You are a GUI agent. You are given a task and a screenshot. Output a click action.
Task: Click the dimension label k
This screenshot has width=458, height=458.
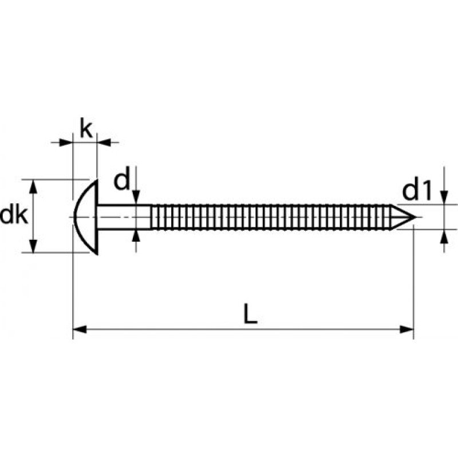tap(85, 129)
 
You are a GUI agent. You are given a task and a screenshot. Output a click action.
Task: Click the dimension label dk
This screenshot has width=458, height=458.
tap(13, 216)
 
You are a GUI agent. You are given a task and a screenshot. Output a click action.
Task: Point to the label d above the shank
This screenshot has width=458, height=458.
tap(121, 181)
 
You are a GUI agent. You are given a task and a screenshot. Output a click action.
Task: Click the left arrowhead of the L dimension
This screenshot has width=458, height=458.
tap(80, 329)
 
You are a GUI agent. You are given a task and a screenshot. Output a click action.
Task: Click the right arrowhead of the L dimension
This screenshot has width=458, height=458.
tap(406, 329)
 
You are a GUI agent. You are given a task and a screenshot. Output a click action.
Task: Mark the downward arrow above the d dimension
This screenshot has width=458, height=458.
tap(136, 198)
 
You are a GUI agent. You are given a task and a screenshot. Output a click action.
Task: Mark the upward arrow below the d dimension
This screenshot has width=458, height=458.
tap(136, 236)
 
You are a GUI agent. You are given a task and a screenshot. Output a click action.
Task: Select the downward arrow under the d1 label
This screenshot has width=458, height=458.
tap(444, 198)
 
